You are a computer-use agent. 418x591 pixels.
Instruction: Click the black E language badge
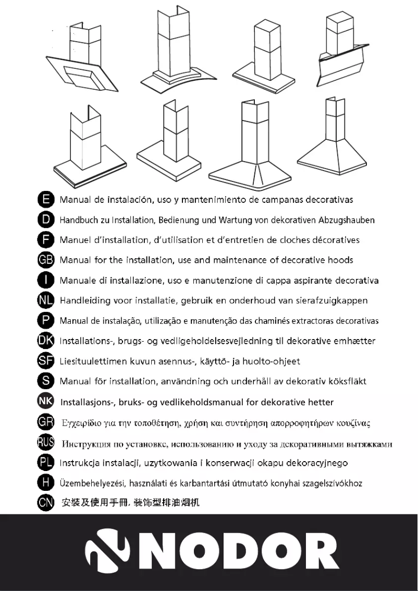click(x=46, y=199)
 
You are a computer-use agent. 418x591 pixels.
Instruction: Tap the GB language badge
click(x=46, y=260)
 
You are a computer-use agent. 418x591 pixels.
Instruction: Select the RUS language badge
click(x=46, y=443)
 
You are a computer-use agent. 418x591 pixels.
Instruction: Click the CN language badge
click(x=46, y=503)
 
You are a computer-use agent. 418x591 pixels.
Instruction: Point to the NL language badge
click(x=46, y=300)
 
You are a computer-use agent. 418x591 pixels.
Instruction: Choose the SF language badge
click(x=46, y=360)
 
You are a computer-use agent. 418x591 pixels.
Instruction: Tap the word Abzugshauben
click(x=349, y=220)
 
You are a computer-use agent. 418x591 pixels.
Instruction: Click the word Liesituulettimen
click(x=95, y=361)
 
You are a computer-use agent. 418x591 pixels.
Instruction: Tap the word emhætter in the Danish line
click(x=355, y=341)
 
